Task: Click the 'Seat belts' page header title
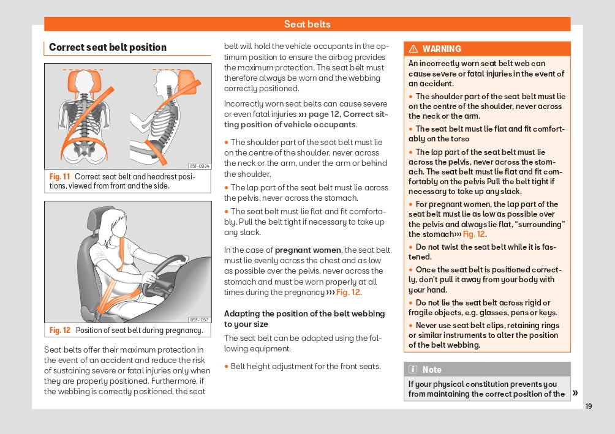tap(307, 24)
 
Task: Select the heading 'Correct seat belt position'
tap(108, 47)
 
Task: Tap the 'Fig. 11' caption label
tap(59, 176)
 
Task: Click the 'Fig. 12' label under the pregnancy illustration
tap(60, 330)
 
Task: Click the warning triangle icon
tap(413, 48)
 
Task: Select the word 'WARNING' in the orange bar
tap(442, 49)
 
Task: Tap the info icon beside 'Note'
tap(413, 369)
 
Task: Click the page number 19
tap(588, 406)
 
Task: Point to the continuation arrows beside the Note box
tap(575, 393)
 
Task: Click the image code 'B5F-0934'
tap(200, 166)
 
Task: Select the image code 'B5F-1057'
tap(200, 320)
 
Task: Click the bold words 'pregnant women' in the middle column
tap(308, 250)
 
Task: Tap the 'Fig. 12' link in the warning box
tap(474, 234)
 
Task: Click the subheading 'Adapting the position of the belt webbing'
tap(304, 313)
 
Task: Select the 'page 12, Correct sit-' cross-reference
tap(349, 114)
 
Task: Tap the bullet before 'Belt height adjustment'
tap(226, 367)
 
